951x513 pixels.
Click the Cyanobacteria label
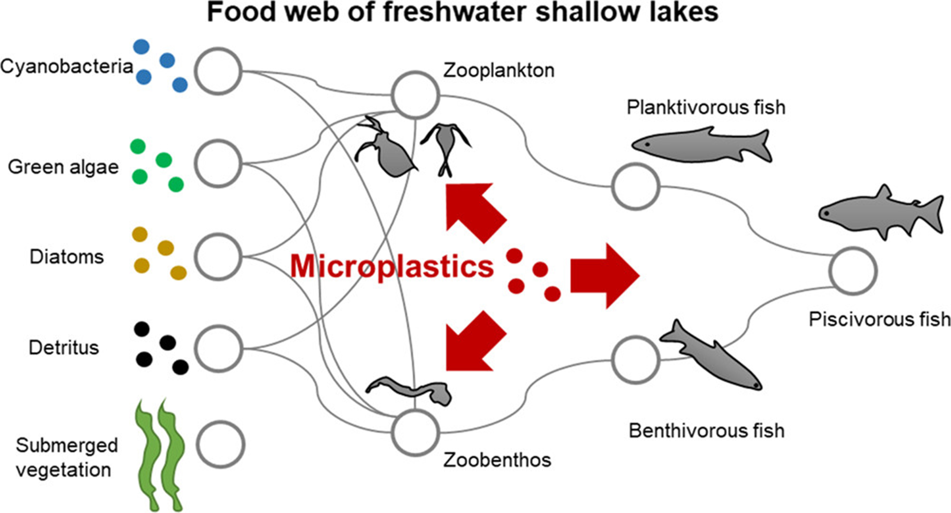pos(66,66)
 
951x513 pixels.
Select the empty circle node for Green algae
pos(218,164)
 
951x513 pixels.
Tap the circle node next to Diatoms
pos(218,257)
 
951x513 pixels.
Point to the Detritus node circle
pos(218,349)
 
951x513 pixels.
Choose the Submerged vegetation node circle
pos(220,444)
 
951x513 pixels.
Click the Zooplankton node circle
pos(415,95)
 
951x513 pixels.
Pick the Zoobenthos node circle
pos(415,433)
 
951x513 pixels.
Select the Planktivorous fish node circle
pos(635,186)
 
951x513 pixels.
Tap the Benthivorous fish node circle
pos(635,360)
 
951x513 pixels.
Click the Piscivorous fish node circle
pos(853,271)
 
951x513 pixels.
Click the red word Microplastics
pos(392,266)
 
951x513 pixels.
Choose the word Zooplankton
pos(499,71)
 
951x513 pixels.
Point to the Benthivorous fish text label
pos(706,431)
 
